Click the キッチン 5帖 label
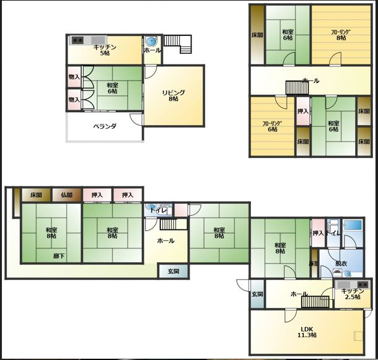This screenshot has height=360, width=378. [x=105, y=50]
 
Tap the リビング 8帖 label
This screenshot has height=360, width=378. [x=174, y=95]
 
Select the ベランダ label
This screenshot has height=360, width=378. [x=105, y=126]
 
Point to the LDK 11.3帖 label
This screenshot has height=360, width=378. [x=307, y=332]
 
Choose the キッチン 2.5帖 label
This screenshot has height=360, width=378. [x=353, y=294]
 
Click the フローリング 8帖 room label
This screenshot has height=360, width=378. [x=341, y=35]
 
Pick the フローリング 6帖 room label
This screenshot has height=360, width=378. [x=273, y=126]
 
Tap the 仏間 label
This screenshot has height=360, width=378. [x=67, y=195]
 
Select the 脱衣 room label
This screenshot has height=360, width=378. [x=341, y=263]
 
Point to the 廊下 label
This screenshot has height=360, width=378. [x=59, y=256]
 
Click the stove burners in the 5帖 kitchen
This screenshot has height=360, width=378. [x=77, y=40]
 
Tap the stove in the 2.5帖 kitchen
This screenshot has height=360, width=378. [x=363, y=285]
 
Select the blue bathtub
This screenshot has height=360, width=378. [x=353, y=225]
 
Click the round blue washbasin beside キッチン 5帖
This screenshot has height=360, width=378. [x=152, y=42]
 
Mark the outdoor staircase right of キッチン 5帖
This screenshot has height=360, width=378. [x=178, y=44]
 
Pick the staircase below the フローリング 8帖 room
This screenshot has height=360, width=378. [x=297, y=87]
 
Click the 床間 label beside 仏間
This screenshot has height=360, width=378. [x=36, y=195]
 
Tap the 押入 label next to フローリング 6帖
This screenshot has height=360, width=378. [x=303, y=111]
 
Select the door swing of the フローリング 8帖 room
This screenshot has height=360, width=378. [x=335, y=59]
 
